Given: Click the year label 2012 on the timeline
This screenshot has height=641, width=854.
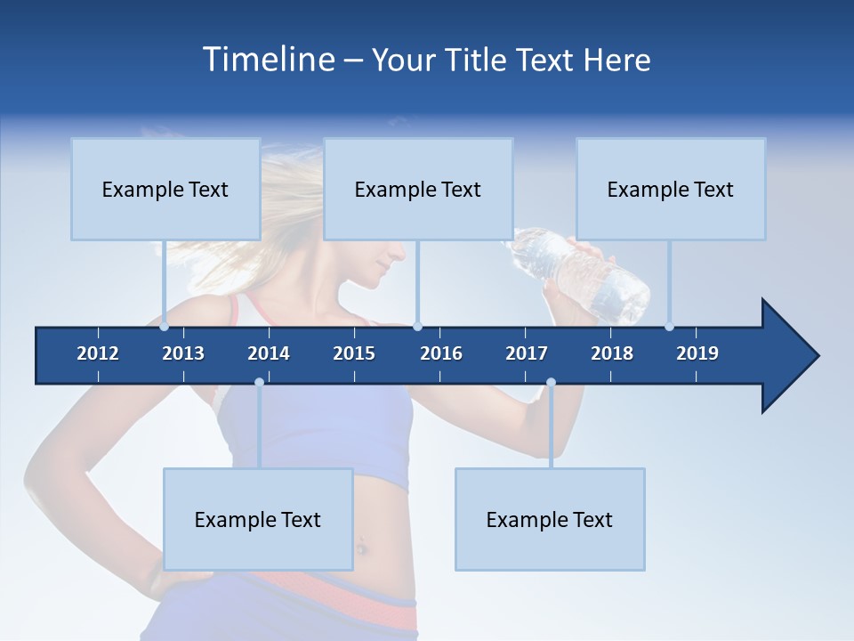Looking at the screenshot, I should [98, 353].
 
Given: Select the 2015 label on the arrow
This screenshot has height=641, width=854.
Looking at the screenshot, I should [354, 353].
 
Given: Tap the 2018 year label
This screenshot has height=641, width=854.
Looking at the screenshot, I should [612, 353].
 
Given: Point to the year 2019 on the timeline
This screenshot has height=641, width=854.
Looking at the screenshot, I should [697, 353].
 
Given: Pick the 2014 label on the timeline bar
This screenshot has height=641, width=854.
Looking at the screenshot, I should [269, 353].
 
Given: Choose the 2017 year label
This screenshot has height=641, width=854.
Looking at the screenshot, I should [527, 353].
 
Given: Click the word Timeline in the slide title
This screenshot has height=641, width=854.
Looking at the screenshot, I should [268, 60].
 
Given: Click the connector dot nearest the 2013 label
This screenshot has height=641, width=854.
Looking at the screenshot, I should [165, 326].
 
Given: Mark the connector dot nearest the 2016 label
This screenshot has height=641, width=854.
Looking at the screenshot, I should [418, 326].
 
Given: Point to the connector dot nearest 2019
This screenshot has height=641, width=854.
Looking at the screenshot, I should [670, 326].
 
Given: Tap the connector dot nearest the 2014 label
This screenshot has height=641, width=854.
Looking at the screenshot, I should [259, 382].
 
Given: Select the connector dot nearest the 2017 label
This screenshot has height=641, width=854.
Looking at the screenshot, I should [551, 382].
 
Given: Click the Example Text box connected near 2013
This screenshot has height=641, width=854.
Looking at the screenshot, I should [165, 189].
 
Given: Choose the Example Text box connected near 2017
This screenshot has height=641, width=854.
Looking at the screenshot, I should [550, 519].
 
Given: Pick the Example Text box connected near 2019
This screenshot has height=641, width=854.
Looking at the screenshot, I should [671, 189].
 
